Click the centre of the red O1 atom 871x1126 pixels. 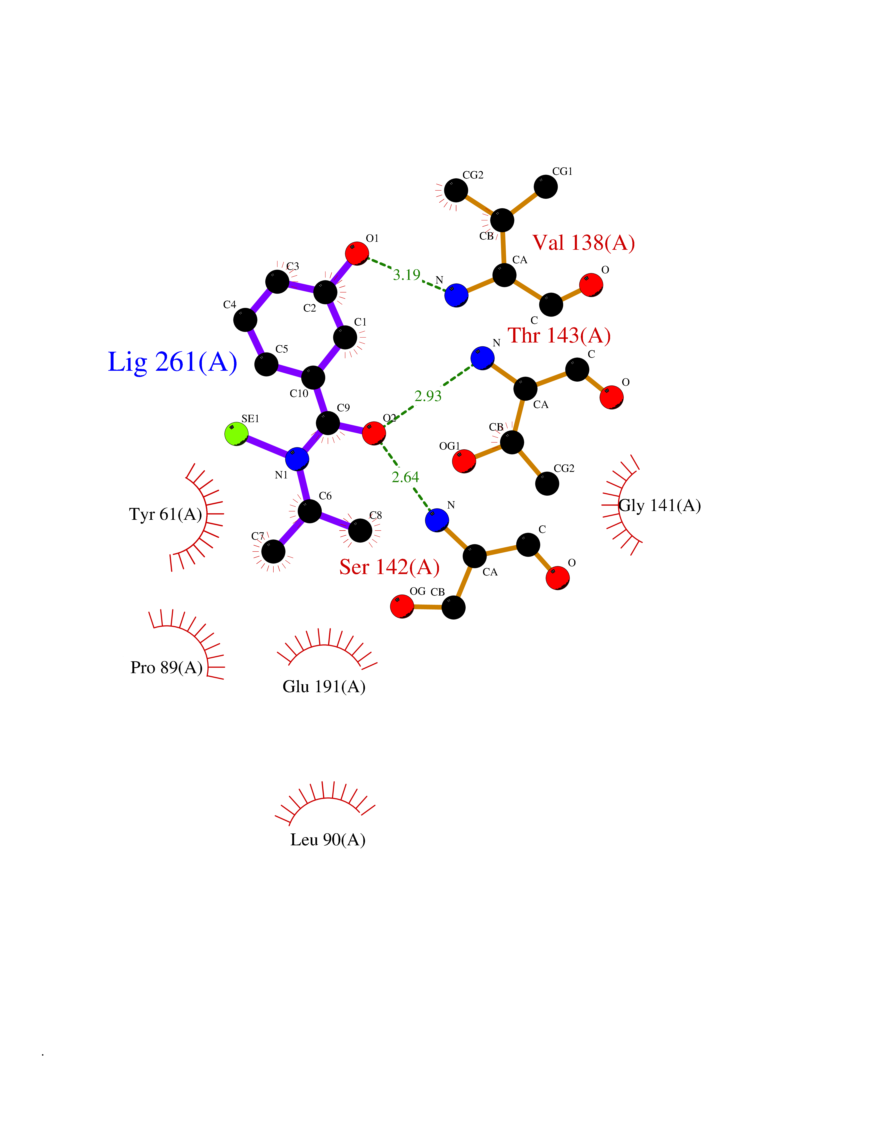tap(357, 253)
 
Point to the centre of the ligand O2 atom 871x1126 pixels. tap(374, 433)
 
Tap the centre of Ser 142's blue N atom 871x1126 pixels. tap(437, 520)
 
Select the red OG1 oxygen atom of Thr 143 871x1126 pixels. tap(464, 461)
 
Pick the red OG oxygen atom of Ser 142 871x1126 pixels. tap(402, 606)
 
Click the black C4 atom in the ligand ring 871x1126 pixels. tap(245, 320)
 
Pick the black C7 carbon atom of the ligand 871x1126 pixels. tap(273, 552)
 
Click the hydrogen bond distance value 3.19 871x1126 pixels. tap(407, 275)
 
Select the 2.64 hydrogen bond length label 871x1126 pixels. tap(406, 477)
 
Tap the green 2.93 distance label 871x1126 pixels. tap(428, 396)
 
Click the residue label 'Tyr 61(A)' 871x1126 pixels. tap(166, 514)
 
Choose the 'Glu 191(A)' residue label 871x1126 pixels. tap(324, 686)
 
